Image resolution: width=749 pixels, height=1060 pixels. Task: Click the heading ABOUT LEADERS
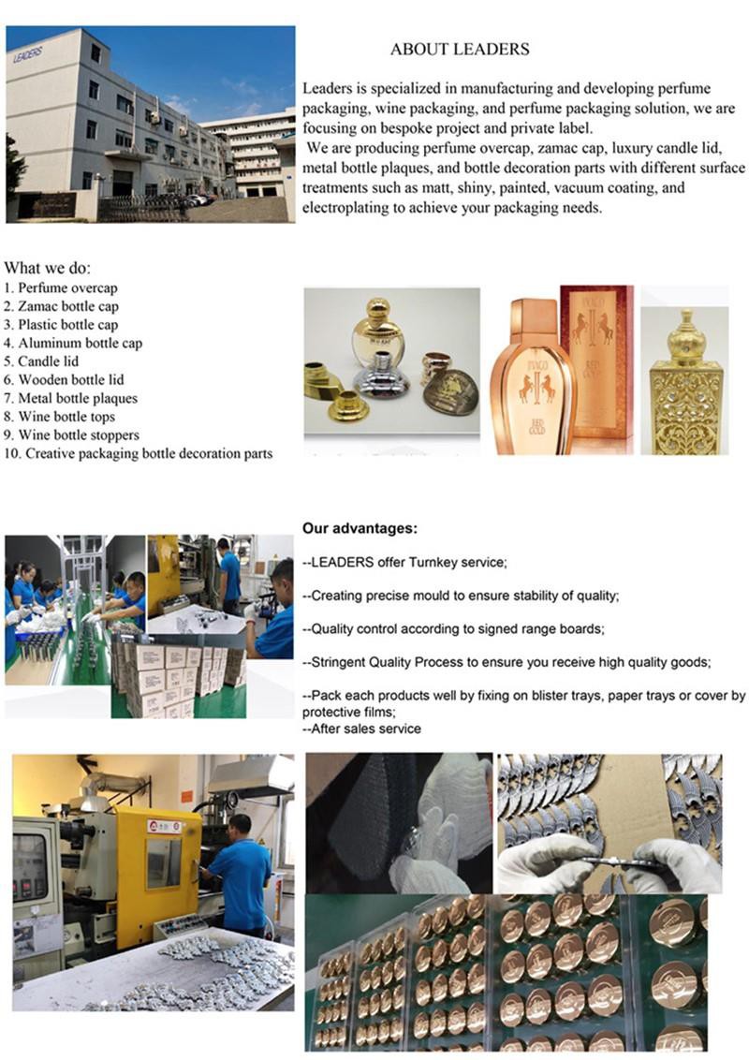pyautogui.click(x=460, y=49)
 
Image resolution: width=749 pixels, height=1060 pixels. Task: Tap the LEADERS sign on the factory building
pyautogui.click(x=28, y=54)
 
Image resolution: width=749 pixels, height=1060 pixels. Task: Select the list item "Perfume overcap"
pyautogui.click(x=66, y=288)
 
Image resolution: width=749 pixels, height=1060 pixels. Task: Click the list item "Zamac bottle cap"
pyautogui.click(x=68, y=306)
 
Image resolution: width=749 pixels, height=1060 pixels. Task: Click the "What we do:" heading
pyautogui.click(x=48, y=268)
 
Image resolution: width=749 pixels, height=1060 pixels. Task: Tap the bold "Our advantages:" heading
pyautogui.click(x=360, y=529)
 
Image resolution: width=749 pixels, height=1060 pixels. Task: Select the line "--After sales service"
pyautogui.click(x=361, y=729)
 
